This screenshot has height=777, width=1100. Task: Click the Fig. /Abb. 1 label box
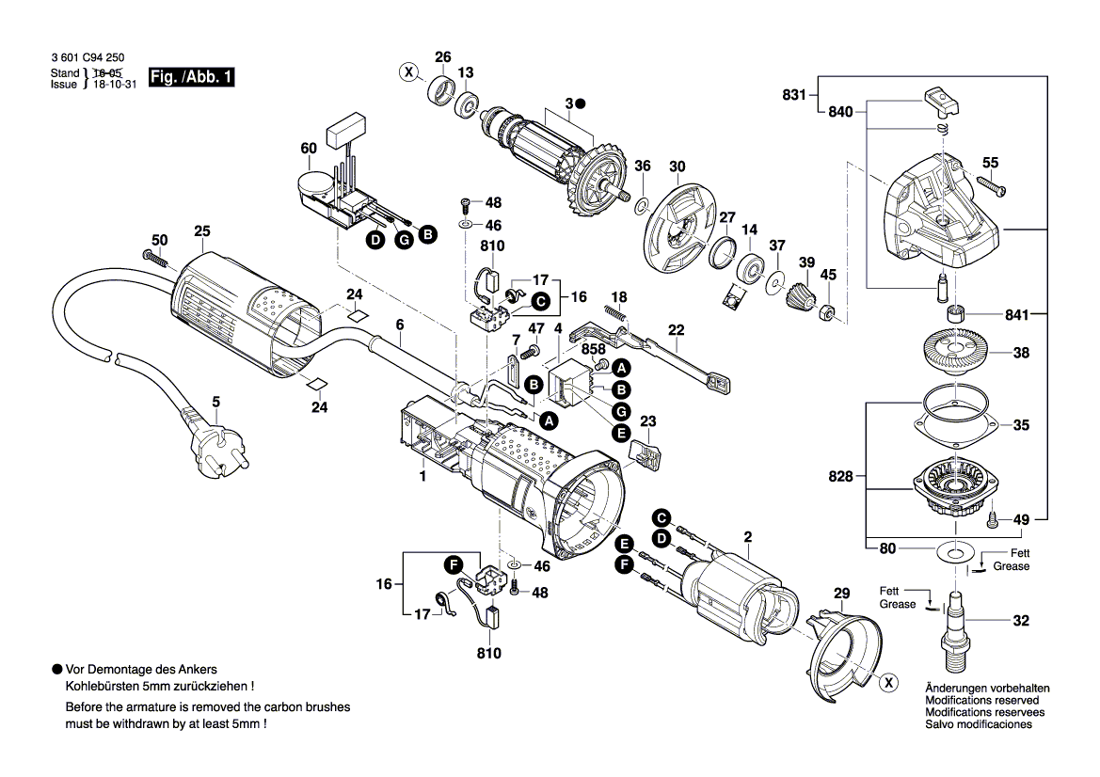click(191, 77)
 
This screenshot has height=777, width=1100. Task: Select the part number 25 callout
click(202, 231)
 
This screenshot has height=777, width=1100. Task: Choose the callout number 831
click(794, 94)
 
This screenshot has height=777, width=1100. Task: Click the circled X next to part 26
click(407, 71)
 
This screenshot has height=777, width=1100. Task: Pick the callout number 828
click(840, 477)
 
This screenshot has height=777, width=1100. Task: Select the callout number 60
click(309, 149)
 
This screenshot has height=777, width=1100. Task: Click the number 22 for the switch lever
click(677, 329)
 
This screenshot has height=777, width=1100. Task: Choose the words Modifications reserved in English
click(982, 701)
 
